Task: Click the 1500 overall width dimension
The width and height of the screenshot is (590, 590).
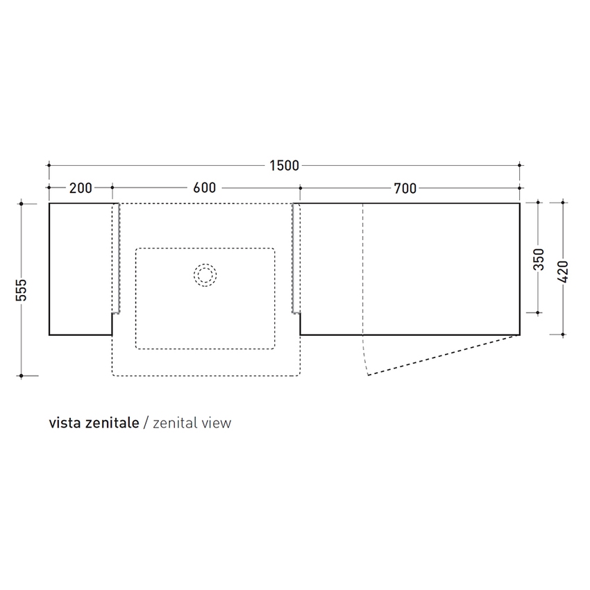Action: click(285, 165)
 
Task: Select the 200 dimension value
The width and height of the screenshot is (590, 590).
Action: click(81, 187)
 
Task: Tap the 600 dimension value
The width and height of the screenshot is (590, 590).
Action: click(205, 187)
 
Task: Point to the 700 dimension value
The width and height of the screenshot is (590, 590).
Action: click(404, 187)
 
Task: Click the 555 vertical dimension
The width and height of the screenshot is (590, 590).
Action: click(22, 289)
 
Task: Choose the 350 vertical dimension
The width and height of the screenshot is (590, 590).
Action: click(539, 258)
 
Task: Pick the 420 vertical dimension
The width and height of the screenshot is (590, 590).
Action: click(562, 269)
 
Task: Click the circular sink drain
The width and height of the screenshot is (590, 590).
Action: click(205, 275)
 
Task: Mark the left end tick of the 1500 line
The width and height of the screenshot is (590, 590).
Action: click(49, 165)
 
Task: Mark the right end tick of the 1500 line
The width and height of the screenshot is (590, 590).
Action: click(520, 165)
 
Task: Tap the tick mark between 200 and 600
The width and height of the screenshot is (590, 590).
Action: click(112, 187)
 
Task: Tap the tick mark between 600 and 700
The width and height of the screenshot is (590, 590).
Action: click(300, 187)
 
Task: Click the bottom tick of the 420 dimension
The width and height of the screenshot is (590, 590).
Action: click(562, 335)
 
